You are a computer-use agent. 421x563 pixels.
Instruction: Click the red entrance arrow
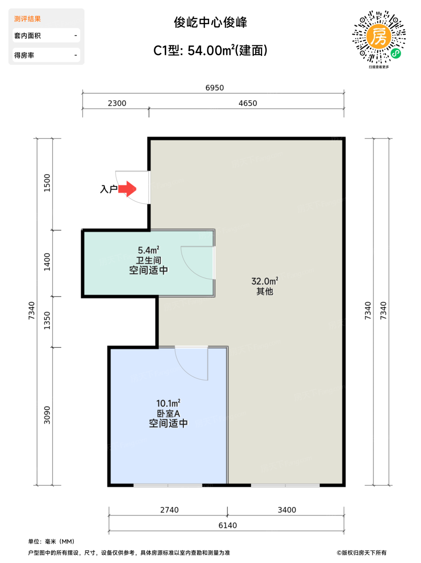[x=127, y=189]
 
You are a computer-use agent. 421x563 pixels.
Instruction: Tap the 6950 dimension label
[x=215, y=88]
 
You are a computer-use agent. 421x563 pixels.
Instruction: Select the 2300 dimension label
[x=117, y=103]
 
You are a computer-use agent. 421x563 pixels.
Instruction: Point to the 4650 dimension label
[x=248, y=103]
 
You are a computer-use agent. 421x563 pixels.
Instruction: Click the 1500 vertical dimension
[x=47, y=183]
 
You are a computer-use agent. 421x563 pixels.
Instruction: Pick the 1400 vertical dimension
[x=47, y=262]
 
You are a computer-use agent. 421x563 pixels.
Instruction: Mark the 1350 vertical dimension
[x=47, y=321]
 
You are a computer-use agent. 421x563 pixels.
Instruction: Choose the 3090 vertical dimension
[x=47, y=415]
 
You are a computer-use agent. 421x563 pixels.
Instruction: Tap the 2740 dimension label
[x=169, y=510]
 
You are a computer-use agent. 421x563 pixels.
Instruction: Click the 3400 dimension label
[x=287, y=510]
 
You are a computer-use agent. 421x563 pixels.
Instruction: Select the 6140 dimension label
[x=228, y=526]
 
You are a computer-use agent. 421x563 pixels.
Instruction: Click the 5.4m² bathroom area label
[x=149, y=250]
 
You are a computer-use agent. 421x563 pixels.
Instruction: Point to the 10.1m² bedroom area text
[x=168, y=403]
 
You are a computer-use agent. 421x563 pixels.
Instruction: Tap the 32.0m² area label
[x=265, y=281]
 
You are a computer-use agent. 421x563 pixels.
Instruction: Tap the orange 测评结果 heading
[x=27, y=19]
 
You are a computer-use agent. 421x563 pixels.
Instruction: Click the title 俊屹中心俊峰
[x=211, y=22]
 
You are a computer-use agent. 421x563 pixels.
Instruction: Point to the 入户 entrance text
[x=109, y=189]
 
